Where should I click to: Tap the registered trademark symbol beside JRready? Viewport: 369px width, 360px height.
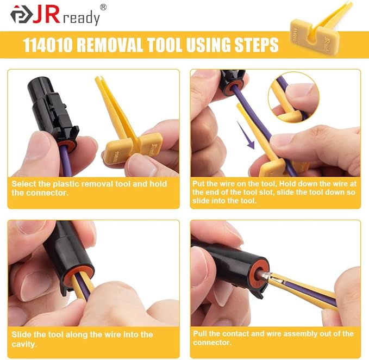[x=103, y=7]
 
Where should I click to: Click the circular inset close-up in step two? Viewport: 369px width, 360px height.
[x=293, y=98]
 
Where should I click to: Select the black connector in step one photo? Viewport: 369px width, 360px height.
[x=52, y=109]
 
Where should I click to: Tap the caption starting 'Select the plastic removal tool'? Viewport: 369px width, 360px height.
[x=90, y=189]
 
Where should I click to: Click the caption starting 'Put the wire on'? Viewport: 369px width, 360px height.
[x=274, y=192]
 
